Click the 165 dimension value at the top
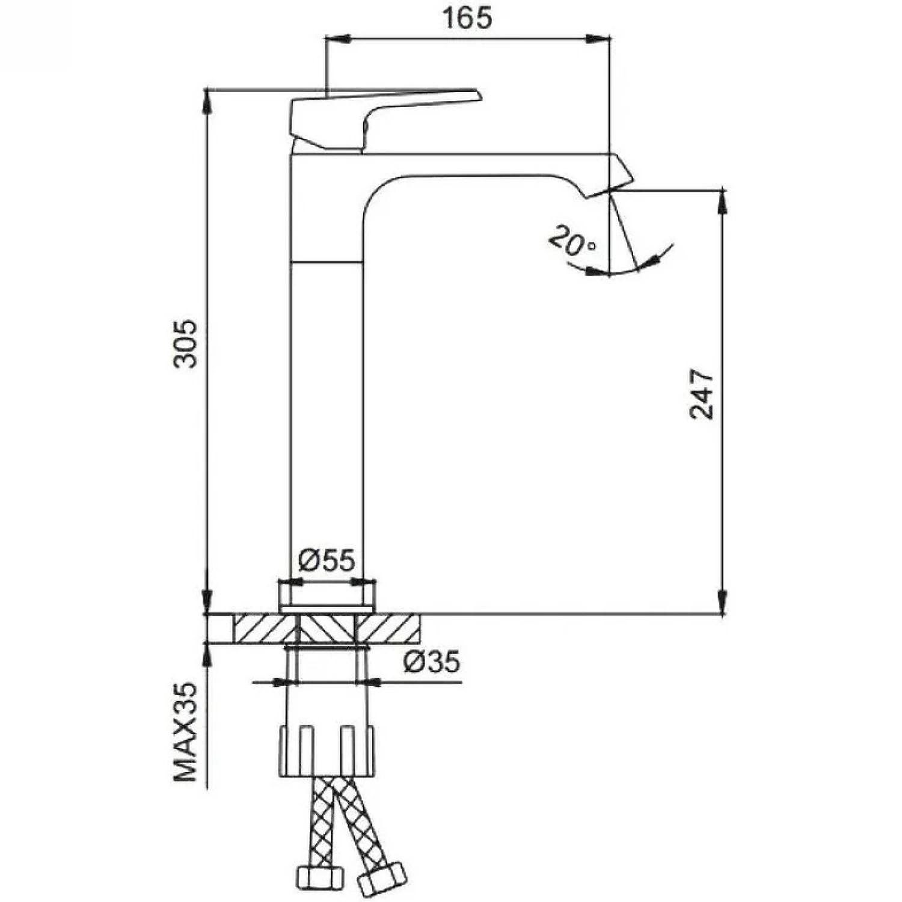click(x=467, y=18)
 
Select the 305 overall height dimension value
click(x=185, y=343)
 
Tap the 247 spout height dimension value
click(x=702, y=394)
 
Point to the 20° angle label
click(x=571, y=241)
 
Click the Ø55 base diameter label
click(x=327, y=560)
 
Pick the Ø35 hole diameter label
click(x=431, y=661)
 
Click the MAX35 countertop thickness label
click(x=185, y=732)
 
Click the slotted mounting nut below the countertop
click(x=327, y=752)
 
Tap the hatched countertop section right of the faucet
click(x=388, y=628)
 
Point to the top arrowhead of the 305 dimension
click(x=207, y=99)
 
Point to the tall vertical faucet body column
click(x=327, y=421)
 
